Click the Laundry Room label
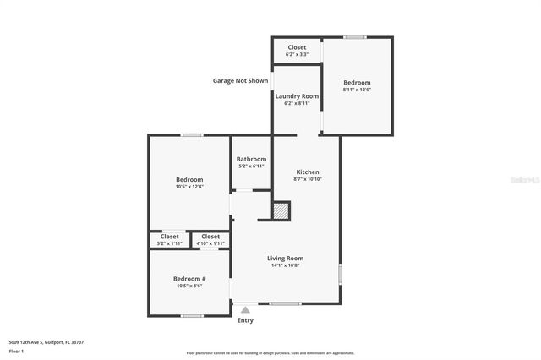point(297,96)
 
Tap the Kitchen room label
point(307,172)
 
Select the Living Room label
point(285,259)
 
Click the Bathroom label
point(251,159)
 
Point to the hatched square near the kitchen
point(281,210)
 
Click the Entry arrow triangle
point(245,310)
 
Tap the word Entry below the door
point(245,320)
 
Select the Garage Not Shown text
point(240,81)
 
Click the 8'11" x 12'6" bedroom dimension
point(357,90)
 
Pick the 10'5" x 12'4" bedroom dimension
point(189,186)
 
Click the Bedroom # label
point(189,279)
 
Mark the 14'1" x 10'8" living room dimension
point(285,265)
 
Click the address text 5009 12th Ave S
point(46,342)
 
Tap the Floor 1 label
point(16,351)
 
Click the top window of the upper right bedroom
point(355,37)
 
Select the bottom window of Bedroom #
point(192,316)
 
